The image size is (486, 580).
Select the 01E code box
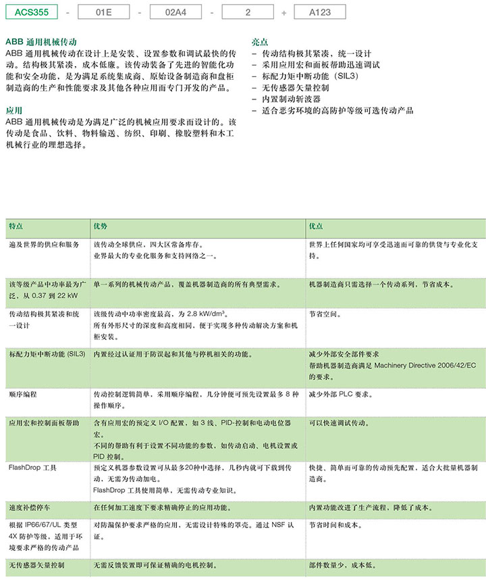(x=103, y=11)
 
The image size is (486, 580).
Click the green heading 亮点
(x=259, y=42)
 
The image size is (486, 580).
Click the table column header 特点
(x=16, y=226)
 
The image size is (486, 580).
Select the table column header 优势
(x=101, y=226)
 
